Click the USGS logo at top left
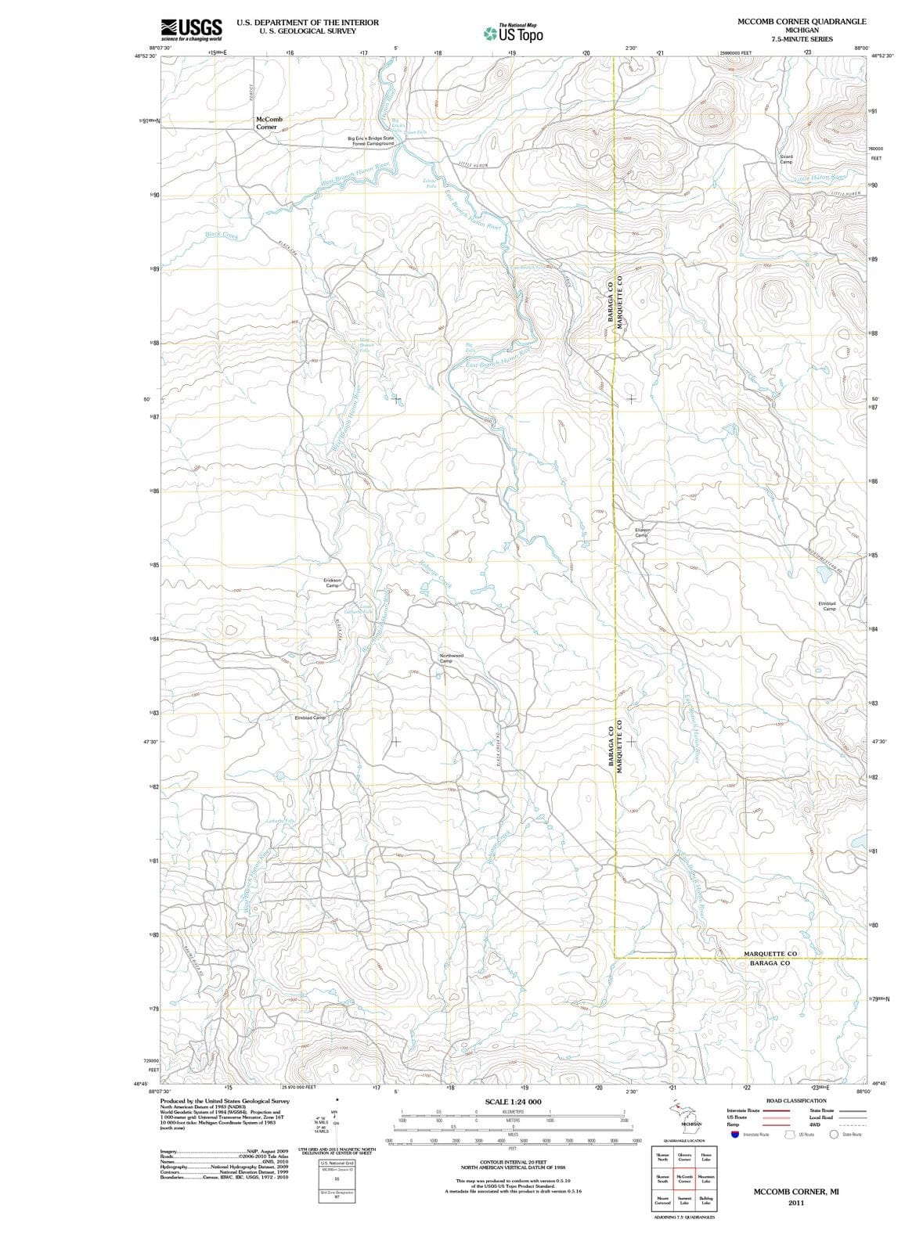pyautogui.click(x=191, y=29)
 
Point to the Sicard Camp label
pyautogui.click(x=786, y=159)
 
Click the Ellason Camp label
pyautogui.click(x=642, y=532)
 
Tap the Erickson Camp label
pyautogui.click(x=332, y=582)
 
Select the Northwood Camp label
pyautogui.click(x=452, y=658)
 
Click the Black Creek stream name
pyautogui.click(x=222, y=235)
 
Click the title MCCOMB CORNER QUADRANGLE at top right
pyautogui.click(x=802, y=21)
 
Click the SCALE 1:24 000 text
pyautogui.click(x=513, y=1102)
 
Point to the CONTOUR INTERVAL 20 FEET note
pyautogui.click(x=513, y=1163)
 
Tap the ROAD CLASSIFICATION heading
pyautogui.click(x=796, y=1100)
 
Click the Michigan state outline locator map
pyautogui.click(x=680, y=1112)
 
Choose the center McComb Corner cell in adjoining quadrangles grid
pyautogui.click(x=684, y=1179)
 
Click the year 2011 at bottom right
pyautogui.click(x=796, y=1203)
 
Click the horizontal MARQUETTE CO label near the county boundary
pyautogui.click(x=770, y=954)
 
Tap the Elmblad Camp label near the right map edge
pyautogui.click(x=827, y=606)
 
